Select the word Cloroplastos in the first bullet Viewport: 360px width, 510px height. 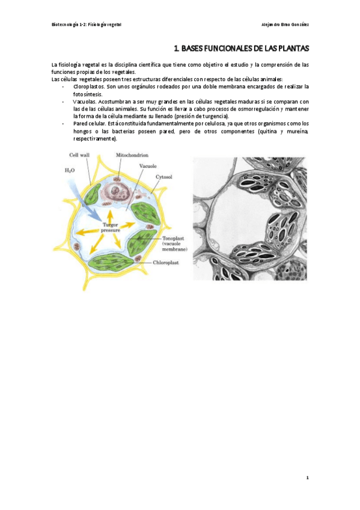88,87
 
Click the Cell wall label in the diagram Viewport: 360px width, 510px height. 79,155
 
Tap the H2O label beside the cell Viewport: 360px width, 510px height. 70,170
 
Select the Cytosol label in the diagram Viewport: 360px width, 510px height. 164,177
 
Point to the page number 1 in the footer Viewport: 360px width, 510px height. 307,478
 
